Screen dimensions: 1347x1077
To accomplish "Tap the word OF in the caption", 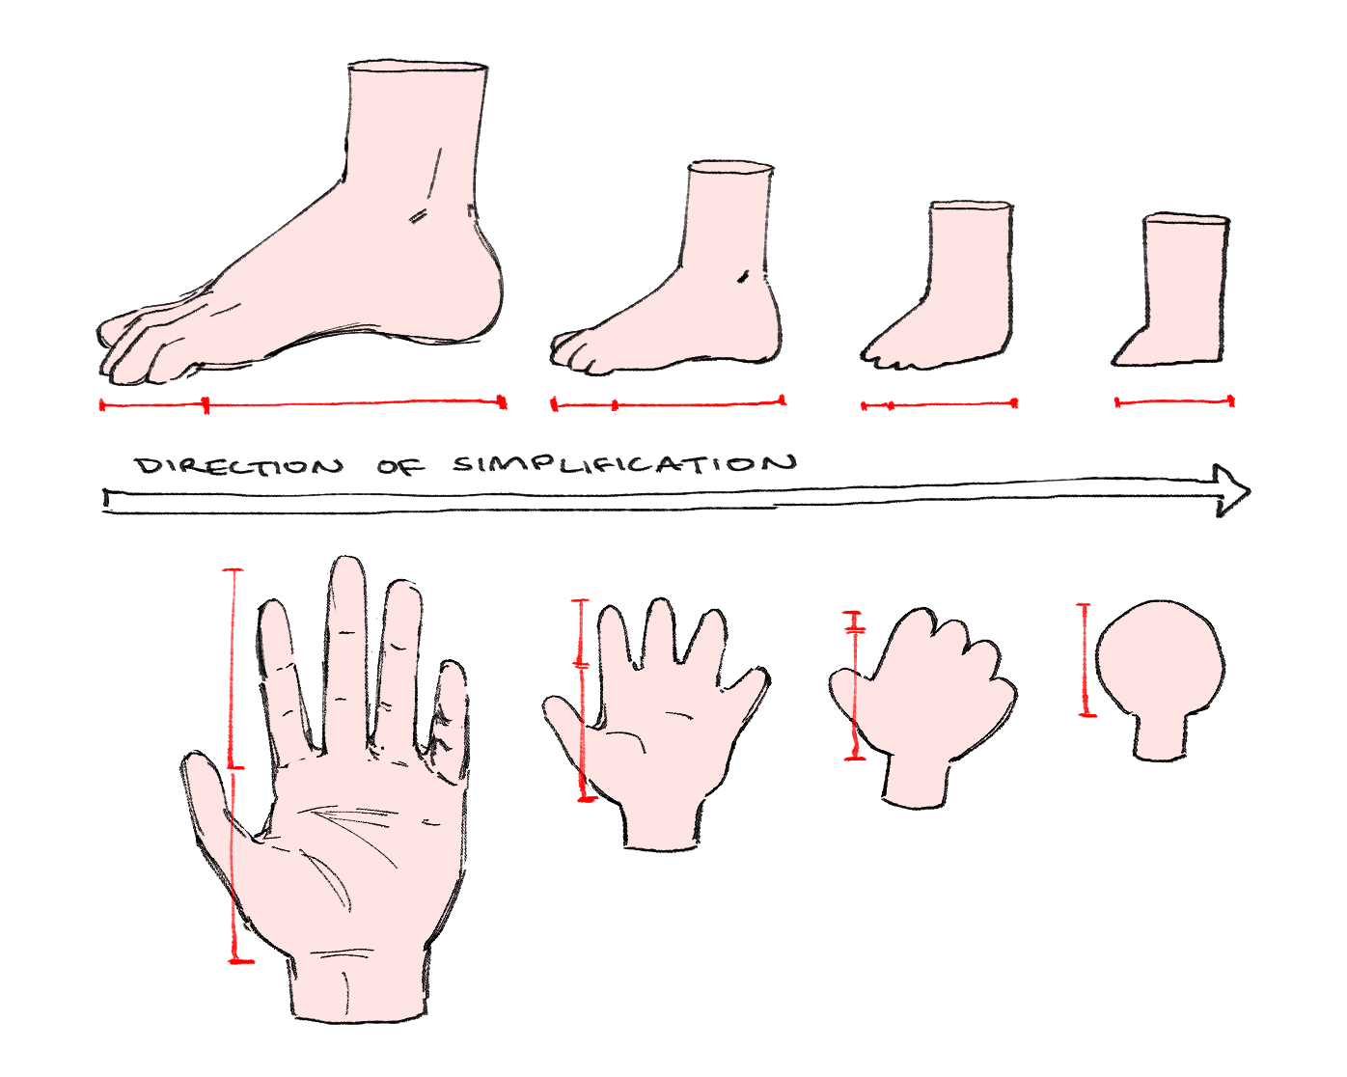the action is click(401, 466).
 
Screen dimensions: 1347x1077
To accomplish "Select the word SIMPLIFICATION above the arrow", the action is click(624, 464).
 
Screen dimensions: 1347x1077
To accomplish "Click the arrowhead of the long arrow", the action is click(1231, 491).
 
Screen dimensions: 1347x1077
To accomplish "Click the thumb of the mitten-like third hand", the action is click(849, 689).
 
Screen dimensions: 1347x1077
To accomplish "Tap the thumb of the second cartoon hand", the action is click(569, 720).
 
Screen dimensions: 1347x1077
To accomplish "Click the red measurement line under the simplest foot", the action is click(1174, 402).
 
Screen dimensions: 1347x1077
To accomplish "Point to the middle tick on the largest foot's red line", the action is click(206, 404).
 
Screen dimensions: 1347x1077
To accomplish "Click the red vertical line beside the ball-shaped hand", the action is click(1086, 659).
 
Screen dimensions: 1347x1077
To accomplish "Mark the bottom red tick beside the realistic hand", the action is click(241, 960).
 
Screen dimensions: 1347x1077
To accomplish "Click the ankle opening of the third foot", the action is click(971, 206).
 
